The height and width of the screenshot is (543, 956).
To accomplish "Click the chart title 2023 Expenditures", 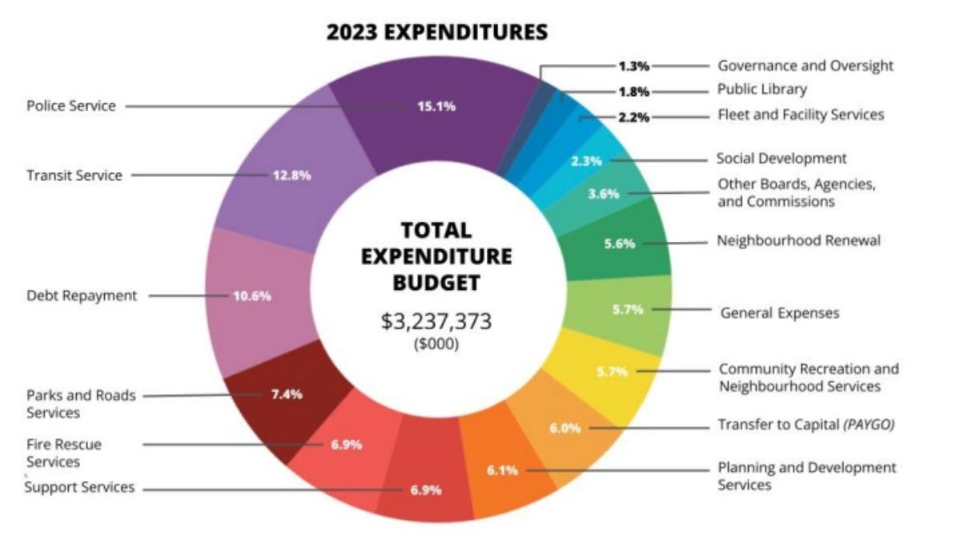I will coord(437,32).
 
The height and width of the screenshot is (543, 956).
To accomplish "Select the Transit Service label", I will coord(74,175).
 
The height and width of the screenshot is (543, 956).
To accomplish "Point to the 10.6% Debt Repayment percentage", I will coord(251,296).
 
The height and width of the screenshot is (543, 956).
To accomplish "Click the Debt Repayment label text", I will coord(81,296).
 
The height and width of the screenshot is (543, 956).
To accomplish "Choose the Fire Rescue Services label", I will coord(64,452).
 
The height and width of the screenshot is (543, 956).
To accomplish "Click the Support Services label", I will coord(80,487).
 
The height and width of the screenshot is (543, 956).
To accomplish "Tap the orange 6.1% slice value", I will coord(502,470).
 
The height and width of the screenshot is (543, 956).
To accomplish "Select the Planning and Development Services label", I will coord(806,476).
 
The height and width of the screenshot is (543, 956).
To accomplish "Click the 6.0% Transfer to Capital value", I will coord(564,428).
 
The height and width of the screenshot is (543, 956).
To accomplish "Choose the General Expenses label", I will coord(780,313).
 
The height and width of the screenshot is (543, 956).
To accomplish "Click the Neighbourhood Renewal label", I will coord(798,240).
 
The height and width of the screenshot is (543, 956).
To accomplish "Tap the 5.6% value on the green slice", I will coord(619,243).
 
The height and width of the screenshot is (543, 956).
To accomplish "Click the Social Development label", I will coord(781,159).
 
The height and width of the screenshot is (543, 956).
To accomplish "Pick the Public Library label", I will coord(761,89).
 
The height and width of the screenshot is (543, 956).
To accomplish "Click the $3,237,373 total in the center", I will coord(436,322).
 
